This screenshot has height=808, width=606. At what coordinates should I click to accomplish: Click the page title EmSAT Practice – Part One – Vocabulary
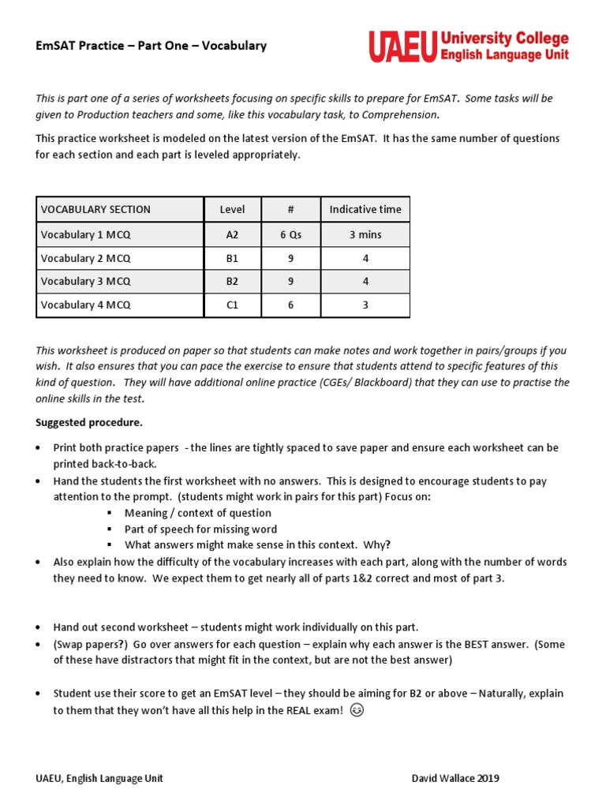pyautogui.click(x=151, y=46)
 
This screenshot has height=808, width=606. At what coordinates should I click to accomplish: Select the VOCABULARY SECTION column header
pyautogui.click(x=95, y=209)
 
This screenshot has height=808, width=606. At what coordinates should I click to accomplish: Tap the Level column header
pyautogui.click(x=232, y=209)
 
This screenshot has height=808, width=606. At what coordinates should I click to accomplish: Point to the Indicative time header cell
pyautogui.click(x=365, y=209)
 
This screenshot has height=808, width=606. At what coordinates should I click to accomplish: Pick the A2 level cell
pyautogui.click(x=232, y=234)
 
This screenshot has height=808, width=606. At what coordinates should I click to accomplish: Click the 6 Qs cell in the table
pyautogui.click(x=290, y=234)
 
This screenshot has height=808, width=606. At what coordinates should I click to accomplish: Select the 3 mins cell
pyautogui.click(x=365, y=234)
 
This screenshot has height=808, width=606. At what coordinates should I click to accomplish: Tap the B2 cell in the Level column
pyautogui.click(x=232, y=281)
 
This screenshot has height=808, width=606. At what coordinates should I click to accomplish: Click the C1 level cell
pyautogui.click(x=232, y=305)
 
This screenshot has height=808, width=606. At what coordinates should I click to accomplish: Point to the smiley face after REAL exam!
pyautogui.click(x=357, y=710)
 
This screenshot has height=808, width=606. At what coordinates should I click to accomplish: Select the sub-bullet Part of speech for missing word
pyautogui.click(x=200, y=529)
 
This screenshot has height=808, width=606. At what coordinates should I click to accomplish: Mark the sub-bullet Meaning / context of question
pyautogui.click(x=197, y=513)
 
